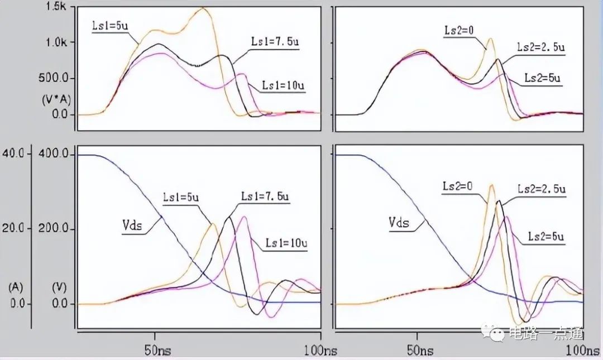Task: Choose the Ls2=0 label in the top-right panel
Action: (x=459, y=31)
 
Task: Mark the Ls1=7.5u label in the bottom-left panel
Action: (x=265, y=196)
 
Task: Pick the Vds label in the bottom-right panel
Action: (x=399, y=223)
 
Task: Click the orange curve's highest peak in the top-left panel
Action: (x=204, y=8)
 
